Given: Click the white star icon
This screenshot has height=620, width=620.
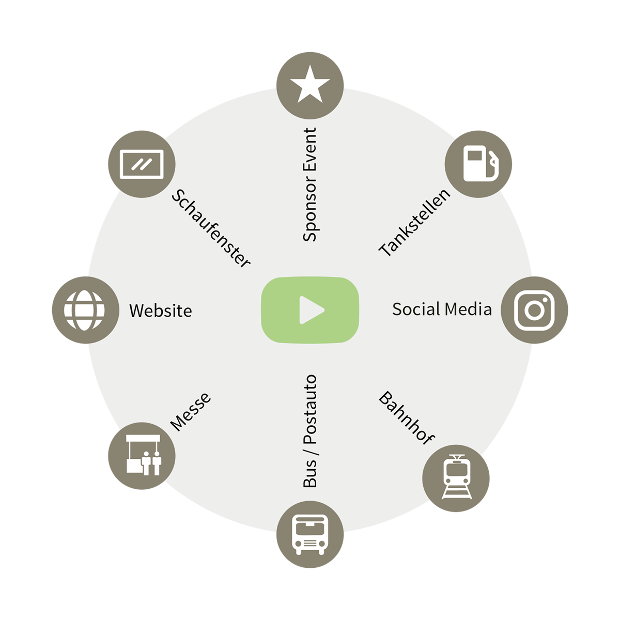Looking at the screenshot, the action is coord(310,85).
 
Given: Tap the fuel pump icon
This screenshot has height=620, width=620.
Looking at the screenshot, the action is coord(481,163).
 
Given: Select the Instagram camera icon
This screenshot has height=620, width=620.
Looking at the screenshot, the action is coord(534,310).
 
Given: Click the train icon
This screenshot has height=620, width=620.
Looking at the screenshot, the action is coord(457,477).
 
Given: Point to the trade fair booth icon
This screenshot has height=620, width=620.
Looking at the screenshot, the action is coord(143,455).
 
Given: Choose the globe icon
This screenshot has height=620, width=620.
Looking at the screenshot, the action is coord(84,310).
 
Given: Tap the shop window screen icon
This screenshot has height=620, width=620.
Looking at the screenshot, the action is coord(142,164).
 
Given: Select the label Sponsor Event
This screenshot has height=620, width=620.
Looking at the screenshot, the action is coord(310,184).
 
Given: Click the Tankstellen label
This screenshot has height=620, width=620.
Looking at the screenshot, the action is coord(414,223).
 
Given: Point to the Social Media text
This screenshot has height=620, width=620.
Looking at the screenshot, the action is coord(442,309).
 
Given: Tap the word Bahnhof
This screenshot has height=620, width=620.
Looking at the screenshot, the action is coord(407,418).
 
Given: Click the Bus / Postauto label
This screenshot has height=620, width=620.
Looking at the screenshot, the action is coord(310,431).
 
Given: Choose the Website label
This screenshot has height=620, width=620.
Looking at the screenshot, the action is coord(160,311).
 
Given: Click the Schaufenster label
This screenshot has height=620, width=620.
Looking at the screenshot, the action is coord(211,228).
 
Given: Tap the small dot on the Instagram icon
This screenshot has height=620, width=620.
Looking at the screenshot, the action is coord(545,300).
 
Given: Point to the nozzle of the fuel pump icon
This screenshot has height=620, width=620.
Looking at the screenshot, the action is coord(493,163).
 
